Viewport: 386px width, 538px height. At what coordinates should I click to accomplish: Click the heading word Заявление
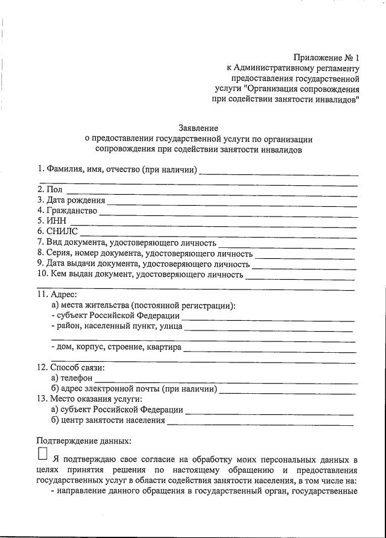coord(198,128)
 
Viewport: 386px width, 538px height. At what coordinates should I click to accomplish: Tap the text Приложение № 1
coord(326,58)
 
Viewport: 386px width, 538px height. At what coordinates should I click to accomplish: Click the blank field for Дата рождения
coord(232,201)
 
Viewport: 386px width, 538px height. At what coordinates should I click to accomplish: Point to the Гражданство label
coord(67,211)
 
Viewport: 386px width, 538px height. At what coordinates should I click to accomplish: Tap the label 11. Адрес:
coord(57,295)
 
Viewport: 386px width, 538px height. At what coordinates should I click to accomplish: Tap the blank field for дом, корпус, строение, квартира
coord(268,349)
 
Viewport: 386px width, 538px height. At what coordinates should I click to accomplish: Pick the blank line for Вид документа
coord(286,244)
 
